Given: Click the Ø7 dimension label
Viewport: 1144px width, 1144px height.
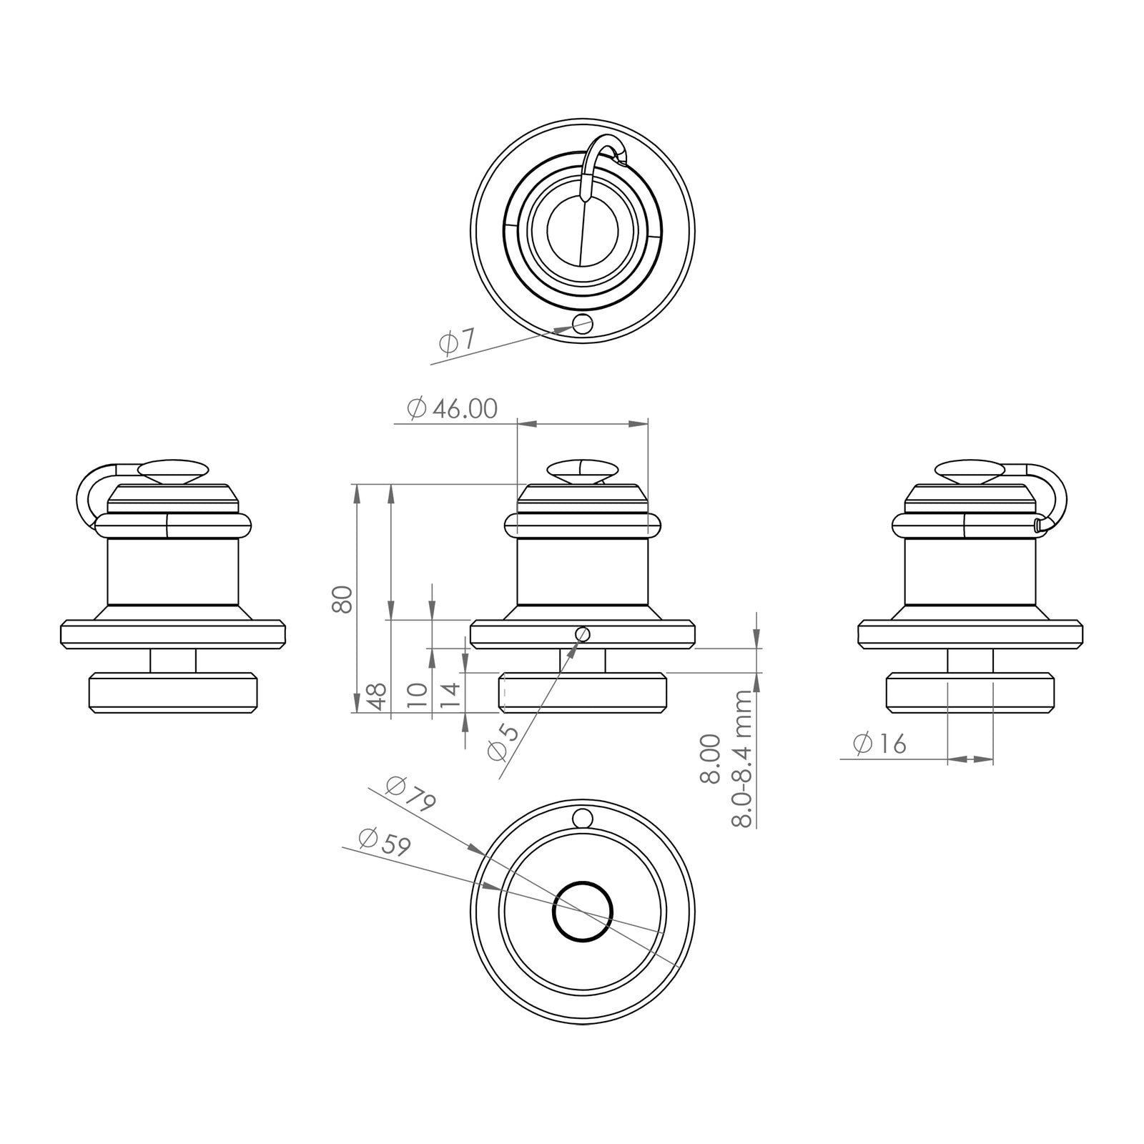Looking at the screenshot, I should point(456,342).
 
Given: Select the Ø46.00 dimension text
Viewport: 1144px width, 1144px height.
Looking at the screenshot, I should point(452,409).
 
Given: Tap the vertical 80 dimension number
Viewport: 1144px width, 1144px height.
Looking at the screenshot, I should point(342,599).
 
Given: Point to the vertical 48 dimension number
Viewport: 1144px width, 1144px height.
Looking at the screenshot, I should point(379,695).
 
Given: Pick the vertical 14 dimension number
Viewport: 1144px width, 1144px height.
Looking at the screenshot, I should point(450,695).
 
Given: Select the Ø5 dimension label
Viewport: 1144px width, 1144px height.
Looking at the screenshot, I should point(498,741).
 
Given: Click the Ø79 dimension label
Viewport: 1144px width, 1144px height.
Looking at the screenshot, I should point(410,794).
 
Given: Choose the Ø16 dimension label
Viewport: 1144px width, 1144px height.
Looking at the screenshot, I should point(879,744).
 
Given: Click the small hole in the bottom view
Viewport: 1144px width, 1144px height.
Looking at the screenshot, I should point(583,817).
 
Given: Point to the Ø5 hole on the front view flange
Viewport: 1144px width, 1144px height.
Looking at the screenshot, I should point(582,633).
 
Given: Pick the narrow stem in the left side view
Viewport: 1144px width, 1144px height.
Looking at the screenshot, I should point(173,661).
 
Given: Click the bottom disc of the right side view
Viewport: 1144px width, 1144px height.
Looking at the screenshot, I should point(970,692).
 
